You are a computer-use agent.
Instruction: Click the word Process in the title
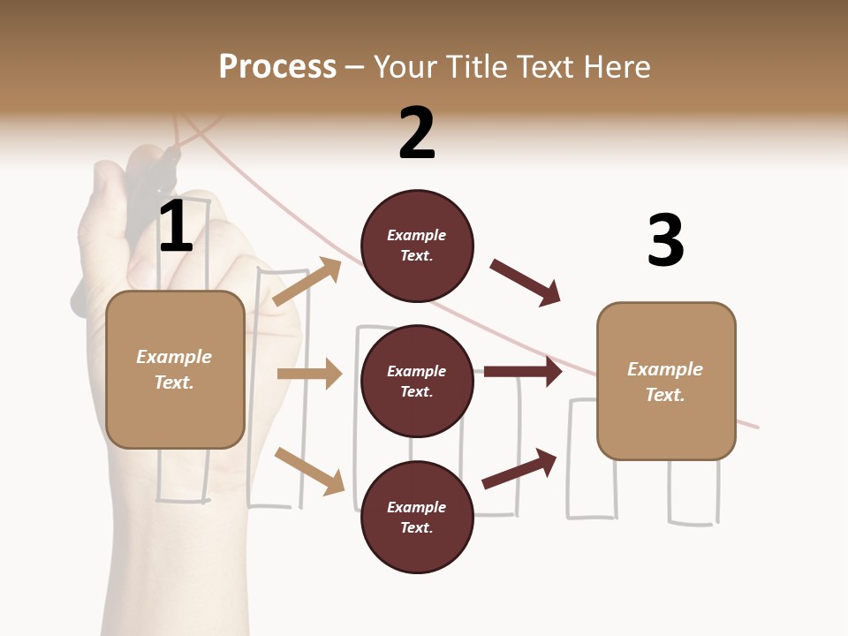pos(277,67)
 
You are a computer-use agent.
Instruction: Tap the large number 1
pos(176,227)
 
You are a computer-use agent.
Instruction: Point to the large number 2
pos(417,133)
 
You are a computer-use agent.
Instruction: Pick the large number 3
pos(665,240)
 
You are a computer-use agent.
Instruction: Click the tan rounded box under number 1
pos(175,369)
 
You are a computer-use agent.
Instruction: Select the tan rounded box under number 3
pos(666,382)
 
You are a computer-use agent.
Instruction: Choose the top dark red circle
pos(417,246)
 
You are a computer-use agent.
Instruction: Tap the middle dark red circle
pos(417,381)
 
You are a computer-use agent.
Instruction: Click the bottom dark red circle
pos(417,517)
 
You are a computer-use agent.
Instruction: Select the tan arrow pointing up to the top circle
pos(307,282)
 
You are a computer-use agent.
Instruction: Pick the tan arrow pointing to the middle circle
pos(309,374)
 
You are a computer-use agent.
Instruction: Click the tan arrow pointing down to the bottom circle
pos(310,470)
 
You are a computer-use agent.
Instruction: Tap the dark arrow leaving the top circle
pos(526,283)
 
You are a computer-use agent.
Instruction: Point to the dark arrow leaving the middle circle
pos(523,371)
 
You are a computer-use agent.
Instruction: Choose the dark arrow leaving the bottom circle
pos(519,468)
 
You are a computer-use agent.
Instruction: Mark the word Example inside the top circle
pos(417,235)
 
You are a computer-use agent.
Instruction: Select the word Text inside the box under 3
pos(665,395)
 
